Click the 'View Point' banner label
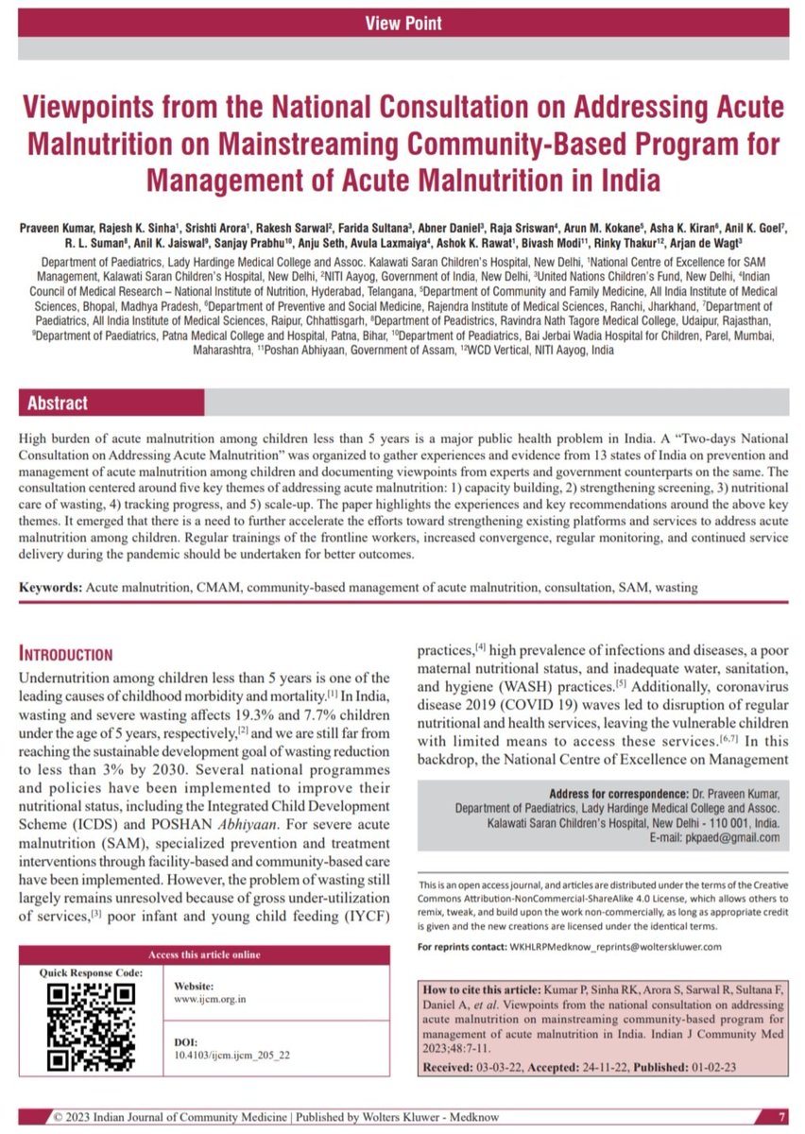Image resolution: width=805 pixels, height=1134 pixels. click(x=402, y=23)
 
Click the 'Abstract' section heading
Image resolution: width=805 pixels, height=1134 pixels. click(x=58, y=403)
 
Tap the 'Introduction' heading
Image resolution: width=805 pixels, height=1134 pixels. click(x=66, y=654)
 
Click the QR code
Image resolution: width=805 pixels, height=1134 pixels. click(x=91, y=1026)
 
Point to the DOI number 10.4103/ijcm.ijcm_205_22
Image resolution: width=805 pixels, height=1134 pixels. click(x=232, y=1053)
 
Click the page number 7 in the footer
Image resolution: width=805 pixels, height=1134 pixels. click(x=781, y=1116)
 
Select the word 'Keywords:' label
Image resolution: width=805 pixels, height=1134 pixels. click(x=51, y=587)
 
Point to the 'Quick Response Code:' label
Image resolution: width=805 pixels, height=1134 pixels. click(x=92, y=971)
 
